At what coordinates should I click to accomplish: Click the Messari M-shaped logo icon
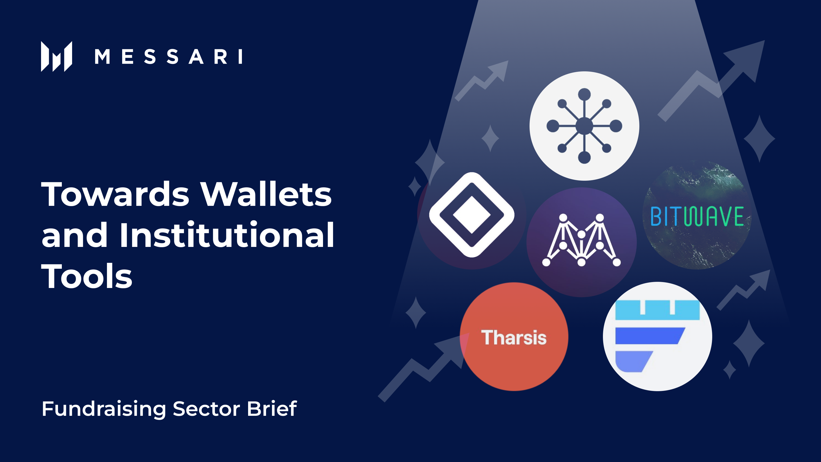56,56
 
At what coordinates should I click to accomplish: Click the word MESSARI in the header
169,57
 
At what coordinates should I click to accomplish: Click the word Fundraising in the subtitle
104,409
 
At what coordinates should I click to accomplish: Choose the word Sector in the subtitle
206,409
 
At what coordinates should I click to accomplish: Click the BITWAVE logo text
697,216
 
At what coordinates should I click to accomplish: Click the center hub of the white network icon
584,126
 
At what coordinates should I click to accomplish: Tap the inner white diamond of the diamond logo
472,215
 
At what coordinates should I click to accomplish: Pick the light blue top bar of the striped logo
657,310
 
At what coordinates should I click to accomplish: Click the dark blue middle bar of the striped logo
649,336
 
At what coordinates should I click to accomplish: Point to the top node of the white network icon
584,94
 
